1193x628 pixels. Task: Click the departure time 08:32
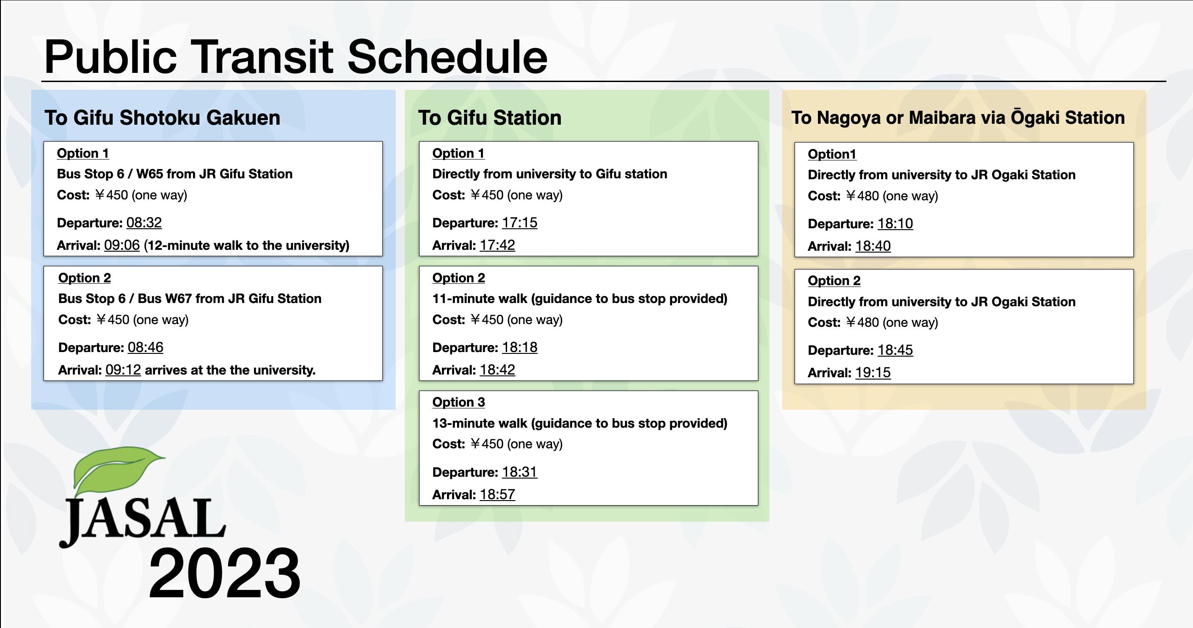144,223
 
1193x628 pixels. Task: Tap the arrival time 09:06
122,245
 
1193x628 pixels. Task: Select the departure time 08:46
145,347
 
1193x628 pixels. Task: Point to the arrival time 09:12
123,369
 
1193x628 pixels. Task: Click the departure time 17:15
519,223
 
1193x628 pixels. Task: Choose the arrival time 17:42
497,245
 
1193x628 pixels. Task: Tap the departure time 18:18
519,347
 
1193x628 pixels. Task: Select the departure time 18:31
519,472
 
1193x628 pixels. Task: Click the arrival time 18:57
497,494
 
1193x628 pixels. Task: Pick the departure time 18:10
895,224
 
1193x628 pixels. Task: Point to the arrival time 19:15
873,372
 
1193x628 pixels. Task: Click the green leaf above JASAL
116,470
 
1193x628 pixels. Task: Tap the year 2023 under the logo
225,573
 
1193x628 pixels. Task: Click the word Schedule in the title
447,56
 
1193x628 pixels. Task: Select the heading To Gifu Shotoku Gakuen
163,118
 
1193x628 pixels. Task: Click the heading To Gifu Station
490,118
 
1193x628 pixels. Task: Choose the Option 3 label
458,402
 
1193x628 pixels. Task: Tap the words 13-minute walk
480,423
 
